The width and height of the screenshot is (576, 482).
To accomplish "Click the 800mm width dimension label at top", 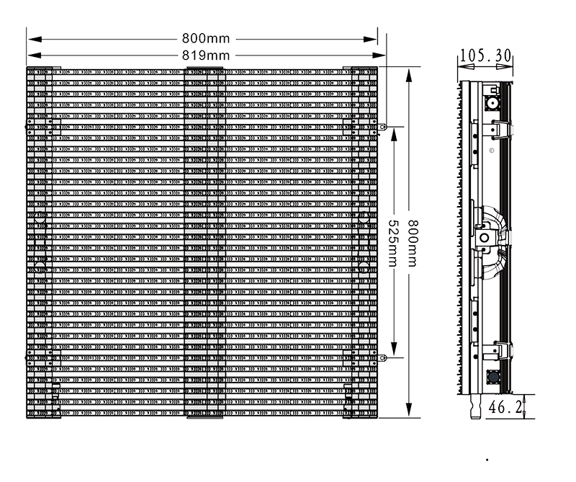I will [204, 37].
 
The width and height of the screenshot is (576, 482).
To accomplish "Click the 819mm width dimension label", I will [204, 55].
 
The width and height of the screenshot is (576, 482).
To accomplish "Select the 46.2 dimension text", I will [505, 407].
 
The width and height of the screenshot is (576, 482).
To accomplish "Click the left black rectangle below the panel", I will [124, 439].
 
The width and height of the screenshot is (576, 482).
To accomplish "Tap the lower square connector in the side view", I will [494, 378].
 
